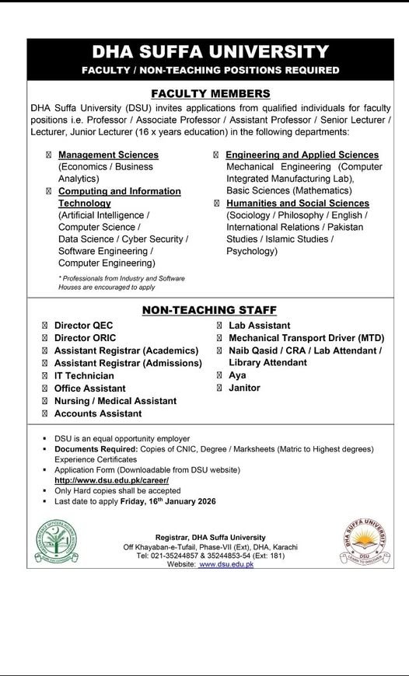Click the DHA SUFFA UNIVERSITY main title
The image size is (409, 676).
point(210,53)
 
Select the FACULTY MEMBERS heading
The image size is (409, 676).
point(210,93)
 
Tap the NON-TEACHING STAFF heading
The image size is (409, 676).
point(209,311)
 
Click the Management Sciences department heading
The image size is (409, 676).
point(108,155)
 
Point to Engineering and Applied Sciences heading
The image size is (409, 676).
point(302,155)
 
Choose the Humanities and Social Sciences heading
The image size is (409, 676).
point(298,204)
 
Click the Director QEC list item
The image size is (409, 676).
point(83,326)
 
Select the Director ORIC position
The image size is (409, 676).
point(86,338)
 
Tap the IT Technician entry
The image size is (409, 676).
point(84,376)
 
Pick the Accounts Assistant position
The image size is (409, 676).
point(98,413)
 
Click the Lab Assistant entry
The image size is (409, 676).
point(260,326)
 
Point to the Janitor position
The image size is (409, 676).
point(244,388)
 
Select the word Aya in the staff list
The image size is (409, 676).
point(237,375)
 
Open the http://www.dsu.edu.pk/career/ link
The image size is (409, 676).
point(111,481)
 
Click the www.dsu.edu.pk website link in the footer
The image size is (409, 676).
point(226,564)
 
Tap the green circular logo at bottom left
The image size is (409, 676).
point(56,541)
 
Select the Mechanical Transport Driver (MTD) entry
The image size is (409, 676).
point(306,338)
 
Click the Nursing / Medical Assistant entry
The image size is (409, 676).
point(115,401)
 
